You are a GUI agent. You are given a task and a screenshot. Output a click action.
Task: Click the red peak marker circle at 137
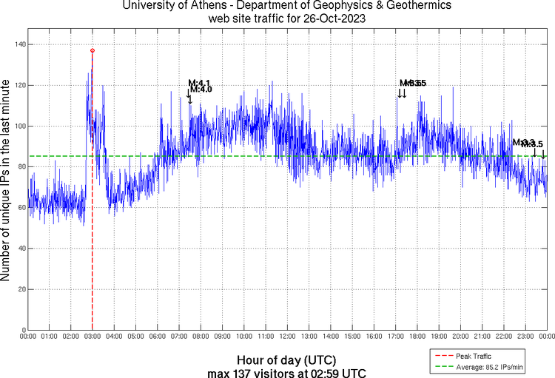[92, 50]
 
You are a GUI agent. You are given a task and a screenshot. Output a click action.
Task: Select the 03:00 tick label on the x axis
[92, 337]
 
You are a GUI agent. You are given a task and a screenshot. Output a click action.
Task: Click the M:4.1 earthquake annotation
[200, 82]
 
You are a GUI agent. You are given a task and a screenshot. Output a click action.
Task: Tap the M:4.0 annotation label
[201, 90]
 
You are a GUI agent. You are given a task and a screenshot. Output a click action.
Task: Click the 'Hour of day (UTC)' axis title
[286, 358]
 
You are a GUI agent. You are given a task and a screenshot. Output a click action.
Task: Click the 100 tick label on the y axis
[18, 126]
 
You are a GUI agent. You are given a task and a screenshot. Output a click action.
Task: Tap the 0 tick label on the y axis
[23, 330]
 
